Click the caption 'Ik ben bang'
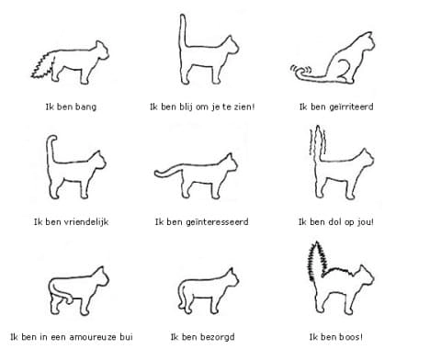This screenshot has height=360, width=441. [x=71, y=107]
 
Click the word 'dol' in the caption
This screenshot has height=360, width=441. [x=334, y=221]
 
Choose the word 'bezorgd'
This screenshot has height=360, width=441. [x=217, y=337]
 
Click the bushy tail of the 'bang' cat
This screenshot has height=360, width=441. [x=43, y=66]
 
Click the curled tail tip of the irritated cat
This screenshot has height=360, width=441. [x=300, y=71]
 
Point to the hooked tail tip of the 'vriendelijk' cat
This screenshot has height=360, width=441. [x=51, y=139]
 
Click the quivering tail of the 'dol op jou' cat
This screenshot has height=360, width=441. [x=318, y=144]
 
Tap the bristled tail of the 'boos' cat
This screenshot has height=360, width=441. [x=318, y=261]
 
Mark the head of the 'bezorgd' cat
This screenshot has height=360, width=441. [x=232, y=277]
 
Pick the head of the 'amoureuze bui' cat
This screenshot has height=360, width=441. [x=101, y=276]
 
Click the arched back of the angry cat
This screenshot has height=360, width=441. [x=340, y=270]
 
